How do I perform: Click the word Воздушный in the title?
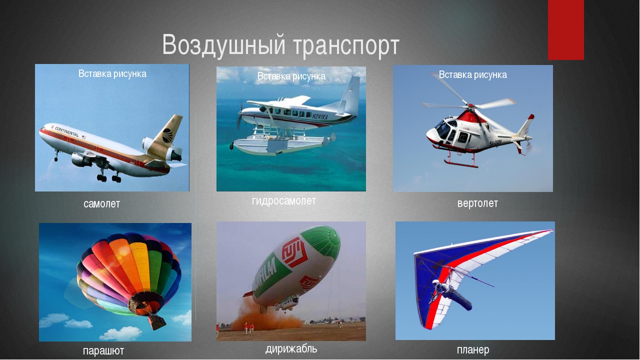pos(223,45)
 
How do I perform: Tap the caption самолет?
pos(101,203)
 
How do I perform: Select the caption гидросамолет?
pos(284,201)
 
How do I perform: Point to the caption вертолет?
pos(477,203)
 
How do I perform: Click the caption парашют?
pos(103,351)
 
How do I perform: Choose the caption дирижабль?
pos(291,349)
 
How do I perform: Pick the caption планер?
pos(473,349)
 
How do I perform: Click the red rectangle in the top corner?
pos(565,30)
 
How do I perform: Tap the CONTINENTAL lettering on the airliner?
pos(66,131)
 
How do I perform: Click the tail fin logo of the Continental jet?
pos(168,135)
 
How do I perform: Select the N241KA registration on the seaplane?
pos(319,116)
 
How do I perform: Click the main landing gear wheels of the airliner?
pos(109,178)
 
